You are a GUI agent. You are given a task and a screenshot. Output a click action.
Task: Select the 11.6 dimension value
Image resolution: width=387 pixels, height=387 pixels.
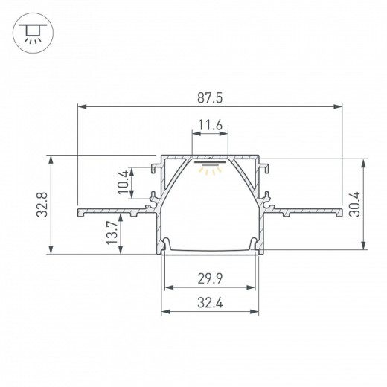(211, 127)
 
